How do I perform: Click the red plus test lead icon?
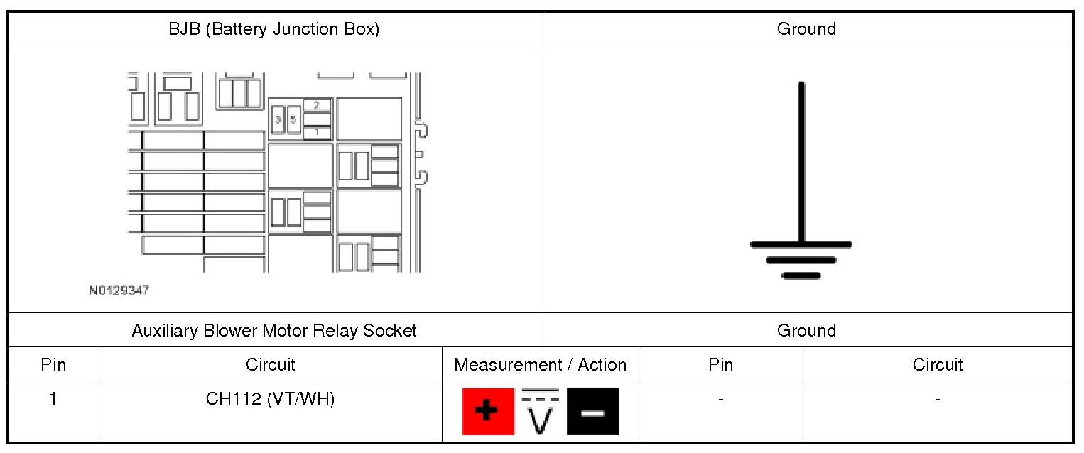click(x=488, y=412)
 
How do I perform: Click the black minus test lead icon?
click(x=592, y=412)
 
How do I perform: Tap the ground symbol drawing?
click(x=801, y=185)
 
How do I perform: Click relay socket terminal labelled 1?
click(x=317, y=132)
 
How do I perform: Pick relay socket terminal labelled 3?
click(x=278, y=119)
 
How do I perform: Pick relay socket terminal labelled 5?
click(x=293, y=119)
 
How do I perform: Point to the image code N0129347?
click(x=119, y=290)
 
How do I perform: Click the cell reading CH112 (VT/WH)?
click(x=270, y=399)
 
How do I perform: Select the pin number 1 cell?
click(x=53, y=399)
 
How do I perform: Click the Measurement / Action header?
click(x=540, y=365)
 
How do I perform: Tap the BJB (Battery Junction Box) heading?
click(x=273, y=29)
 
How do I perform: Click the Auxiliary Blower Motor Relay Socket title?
click(x=274, y=330)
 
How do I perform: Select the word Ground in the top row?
click(x=806, y=29)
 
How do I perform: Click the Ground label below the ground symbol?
click(x=806, y=330)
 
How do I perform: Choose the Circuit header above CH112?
click(x=270, y=365)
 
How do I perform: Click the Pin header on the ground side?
click(x=720, y=365)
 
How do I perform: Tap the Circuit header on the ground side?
click(x=937, y=365)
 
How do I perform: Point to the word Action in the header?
click(x=602, y=365)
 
